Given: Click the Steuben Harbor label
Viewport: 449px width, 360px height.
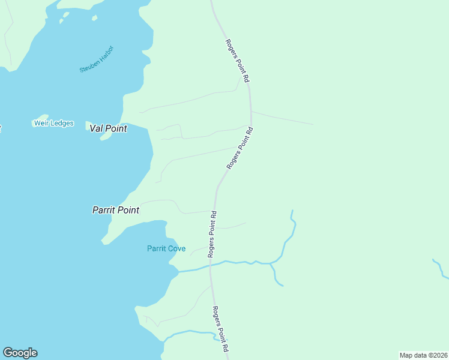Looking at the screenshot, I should point(97,59).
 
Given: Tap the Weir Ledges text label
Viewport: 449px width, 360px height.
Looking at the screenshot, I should point(53,124).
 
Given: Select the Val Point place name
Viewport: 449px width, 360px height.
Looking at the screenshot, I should point(108,128).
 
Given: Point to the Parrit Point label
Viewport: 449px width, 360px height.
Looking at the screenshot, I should point(116,210).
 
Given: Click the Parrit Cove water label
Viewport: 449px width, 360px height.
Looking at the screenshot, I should point(166,248).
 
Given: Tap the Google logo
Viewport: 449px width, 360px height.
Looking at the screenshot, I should point(20,353).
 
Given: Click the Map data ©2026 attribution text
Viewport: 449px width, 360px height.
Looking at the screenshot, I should point(424,355).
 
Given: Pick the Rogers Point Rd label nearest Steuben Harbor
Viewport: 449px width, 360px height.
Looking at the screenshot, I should point(238,61).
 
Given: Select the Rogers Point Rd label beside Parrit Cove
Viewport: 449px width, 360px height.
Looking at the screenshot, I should point(212,234).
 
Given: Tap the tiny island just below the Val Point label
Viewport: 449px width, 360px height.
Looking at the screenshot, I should point(106,137).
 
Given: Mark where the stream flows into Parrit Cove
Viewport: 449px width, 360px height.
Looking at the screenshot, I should point(179,272).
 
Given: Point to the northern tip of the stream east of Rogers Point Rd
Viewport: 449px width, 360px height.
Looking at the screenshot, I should point(292,211).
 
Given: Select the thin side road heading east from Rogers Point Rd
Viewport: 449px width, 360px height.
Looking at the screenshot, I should point(282,118).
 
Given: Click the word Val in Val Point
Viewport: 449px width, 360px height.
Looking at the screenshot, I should point(96,128).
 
